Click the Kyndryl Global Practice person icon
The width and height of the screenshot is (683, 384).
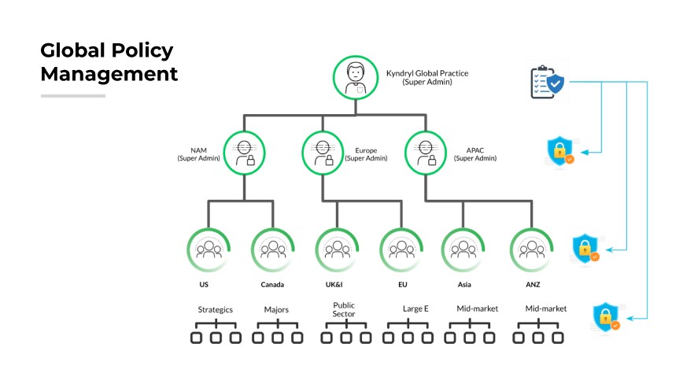coord(356,77)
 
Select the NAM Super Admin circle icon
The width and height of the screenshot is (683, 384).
coord(245,153)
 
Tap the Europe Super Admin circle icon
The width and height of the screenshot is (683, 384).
coord(323,153)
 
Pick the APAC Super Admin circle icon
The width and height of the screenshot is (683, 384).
coord(426,153)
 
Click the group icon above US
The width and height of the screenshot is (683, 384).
coord(209,250)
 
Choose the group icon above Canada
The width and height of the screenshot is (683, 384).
coord(273,250)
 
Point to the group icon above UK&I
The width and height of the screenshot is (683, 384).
coord(337,250)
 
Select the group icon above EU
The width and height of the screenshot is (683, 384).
coord(401,250)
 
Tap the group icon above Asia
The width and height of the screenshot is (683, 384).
coord(463,250)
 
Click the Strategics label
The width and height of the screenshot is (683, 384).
coord(215,309)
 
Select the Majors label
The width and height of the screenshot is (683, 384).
coord(276,309)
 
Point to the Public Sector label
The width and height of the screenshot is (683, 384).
coord(344,309)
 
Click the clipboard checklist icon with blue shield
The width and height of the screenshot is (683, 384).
coord(547,82)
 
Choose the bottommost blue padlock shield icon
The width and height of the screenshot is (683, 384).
coord(606,316)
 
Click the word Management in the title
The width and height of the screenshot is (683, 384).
coord(109,74)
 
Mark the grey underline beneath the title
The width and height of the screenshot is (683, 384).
coord(72,96)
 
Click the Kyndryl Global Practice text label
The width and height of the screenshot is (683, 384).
coord(426,77)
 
